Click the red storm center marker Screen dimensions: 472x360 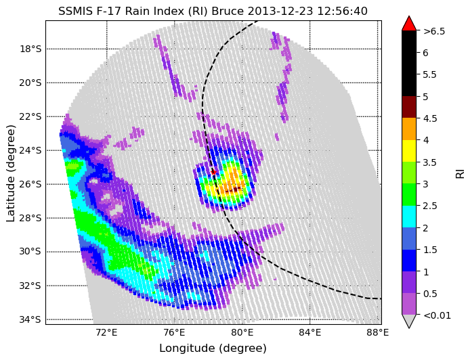coord(214,172)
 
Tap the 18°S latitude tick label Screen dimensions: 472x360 coord(30,49)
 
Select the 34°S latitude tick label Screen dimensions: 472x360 coord(30,319)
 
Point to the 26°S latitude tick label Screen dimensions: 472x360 coord(30,184)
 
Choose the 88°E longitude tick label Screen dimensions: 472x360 coord(377,333)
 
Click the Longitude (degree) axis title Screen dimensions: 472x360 coord(213,348)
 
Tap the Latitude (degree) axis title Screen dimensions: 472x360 coord(11,173)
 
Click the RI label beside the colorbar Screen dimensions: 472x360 coord(460,173)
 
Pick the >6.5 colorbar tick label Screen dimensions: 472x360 coord(434,31)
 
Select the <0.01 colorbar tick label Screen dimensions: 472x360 coord(437,315)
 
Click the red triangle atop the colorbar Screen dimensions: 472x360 coord(409,24)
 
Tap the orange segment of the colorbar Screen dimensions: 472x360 coord(409,129)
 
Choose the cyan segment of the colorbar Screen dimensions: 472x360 coord(409,217)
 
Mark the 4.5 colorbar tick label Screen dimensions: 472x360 coord(430,118)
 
